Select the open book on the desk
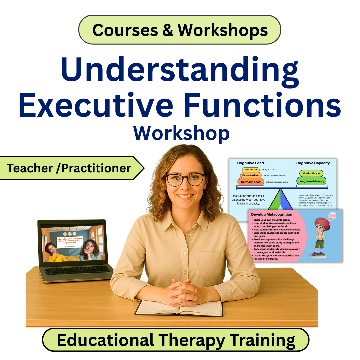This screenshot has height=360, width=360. pyautogui.click(x=179, y=308)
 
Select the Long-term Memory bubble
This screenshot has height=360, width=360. pyautogui.click(x=311, y=181)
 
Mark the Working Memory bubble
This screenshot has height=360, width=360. pyautogui.click(x=311, y=173)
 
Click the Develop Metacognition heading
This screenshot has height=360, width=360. pyautogui.click(x=271, y=214)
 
